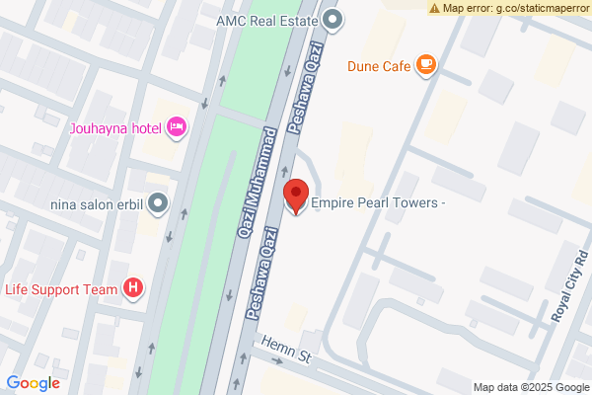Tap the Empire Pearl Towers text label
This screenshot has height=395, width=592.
tap(380, 203)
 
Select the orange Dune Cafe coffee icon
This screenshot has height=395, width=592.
tap(426, 65)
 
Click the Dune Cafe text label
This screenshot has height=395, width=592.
tap(377, 67)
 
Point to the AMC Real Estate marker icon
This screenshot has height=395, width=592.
tap(333, 18)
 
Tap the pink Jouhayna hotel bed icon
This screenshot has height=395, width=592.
tap(177, 125)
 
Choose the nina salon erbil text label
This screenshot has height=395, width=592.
tap(97, 205)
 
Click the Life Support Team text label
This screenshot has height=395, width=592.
tap(61, 289)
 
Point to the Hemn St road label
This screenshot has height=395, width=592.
tap(285, 349)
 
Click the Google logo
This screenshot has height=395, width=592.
tap(34, 383)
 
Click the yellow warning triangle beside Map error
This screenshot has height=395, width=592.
tap(435, 8)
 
